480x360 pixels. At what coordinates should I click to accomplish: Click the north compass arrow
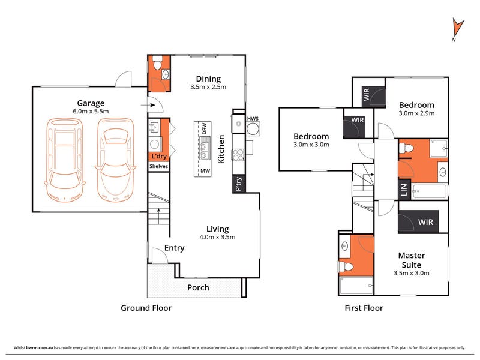pos(458,28)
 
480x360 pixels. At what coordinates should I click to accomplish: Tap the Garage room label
pos(90,103)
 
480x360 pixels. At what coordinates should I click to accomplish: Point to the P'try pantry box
pos(239,184)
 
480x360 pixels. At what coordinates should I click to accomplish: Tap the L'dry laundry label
pos(159,156)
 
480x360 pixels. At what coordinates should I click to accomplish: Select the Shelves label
pos(159,166)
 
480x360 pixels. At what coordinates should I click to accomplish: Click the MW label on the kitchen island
pos(205,170)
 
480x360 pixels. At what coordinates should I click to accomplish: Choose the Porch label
pos(198,287)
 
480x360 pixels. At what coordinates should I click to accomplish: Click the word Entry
pos(174,248)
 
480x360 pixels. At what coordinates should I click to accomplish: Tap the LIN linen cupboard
pos(403,191)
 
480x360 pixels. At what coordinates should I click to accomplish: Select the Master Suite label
pos(412,260)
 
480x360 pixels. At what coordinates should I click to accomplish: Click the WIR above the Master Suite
pos(425,222)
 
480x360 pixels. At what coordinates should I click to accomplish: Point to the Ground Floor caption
pos(147,308)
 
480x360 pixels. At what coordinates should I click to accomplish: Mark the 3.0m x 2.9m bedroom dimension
pos(416,113)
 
